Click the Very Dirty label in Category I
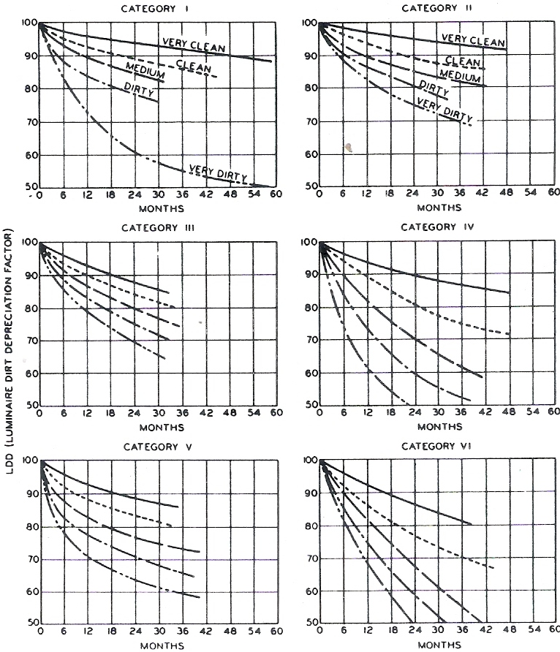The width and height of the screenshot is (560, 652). [x=217, y=173]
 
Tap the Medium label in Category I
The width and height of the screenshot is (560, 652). [x=144, y=70]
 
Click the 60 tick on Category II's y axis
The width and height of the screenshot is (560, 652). [x=309, y=154]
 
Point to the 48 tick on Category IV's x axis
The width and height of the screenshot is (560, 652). [x=510, y=414]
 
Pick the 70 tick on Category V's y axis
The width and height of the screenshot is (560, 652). [x=31, y=560]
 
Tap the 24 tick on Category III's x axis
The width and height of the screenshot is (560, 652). [x=135, y=414]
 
